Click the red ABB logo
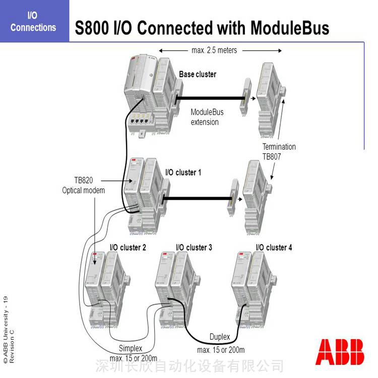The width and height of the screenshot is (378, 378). tap(340, 352)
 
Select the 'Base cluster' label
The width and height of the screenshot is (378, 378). tap(198, 74)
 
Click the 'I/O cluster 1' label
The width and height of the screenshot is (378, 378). tap(183, 172)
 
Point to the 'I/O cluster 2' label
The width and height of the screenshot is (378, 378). tap(128, 247)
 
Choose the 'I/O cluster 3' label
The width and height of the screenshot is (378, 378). tap(194, 247)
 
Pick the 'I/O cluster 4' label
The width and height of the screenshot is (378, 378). tap(274, 247)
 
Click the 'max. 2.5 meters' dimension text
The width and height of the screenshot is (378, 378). tap(214, 50)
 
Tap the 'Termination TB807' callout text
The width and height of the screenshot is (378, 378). tap(279, 152)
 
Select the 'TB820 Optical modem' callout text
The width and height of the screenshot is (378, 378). tap(83, 185)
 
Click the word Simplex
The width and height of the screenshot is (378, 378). tap(131, 348)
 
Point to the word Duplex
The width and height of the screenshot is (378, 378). tap(220, 337)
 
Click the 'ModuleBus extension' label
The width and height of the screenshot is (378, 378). tap(207, 117)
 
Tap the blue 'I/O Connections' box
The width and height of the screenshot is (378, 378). tap(34, 21)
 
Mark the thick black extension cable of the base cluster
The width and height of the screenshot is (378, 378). tap(211, 98)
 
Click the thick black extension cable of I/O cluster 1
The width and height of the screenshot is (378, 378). tap(198, 199)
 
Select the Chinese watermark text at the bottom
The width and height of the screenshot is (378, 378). tap(190, 366)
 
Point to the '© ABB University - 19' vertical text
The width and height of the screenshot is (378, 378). tap(6, 329)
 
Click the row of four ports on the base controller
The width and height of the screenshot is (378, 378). tap(139, 121)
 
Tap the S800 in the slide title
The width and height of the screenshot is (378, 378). tap(92, 28)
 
